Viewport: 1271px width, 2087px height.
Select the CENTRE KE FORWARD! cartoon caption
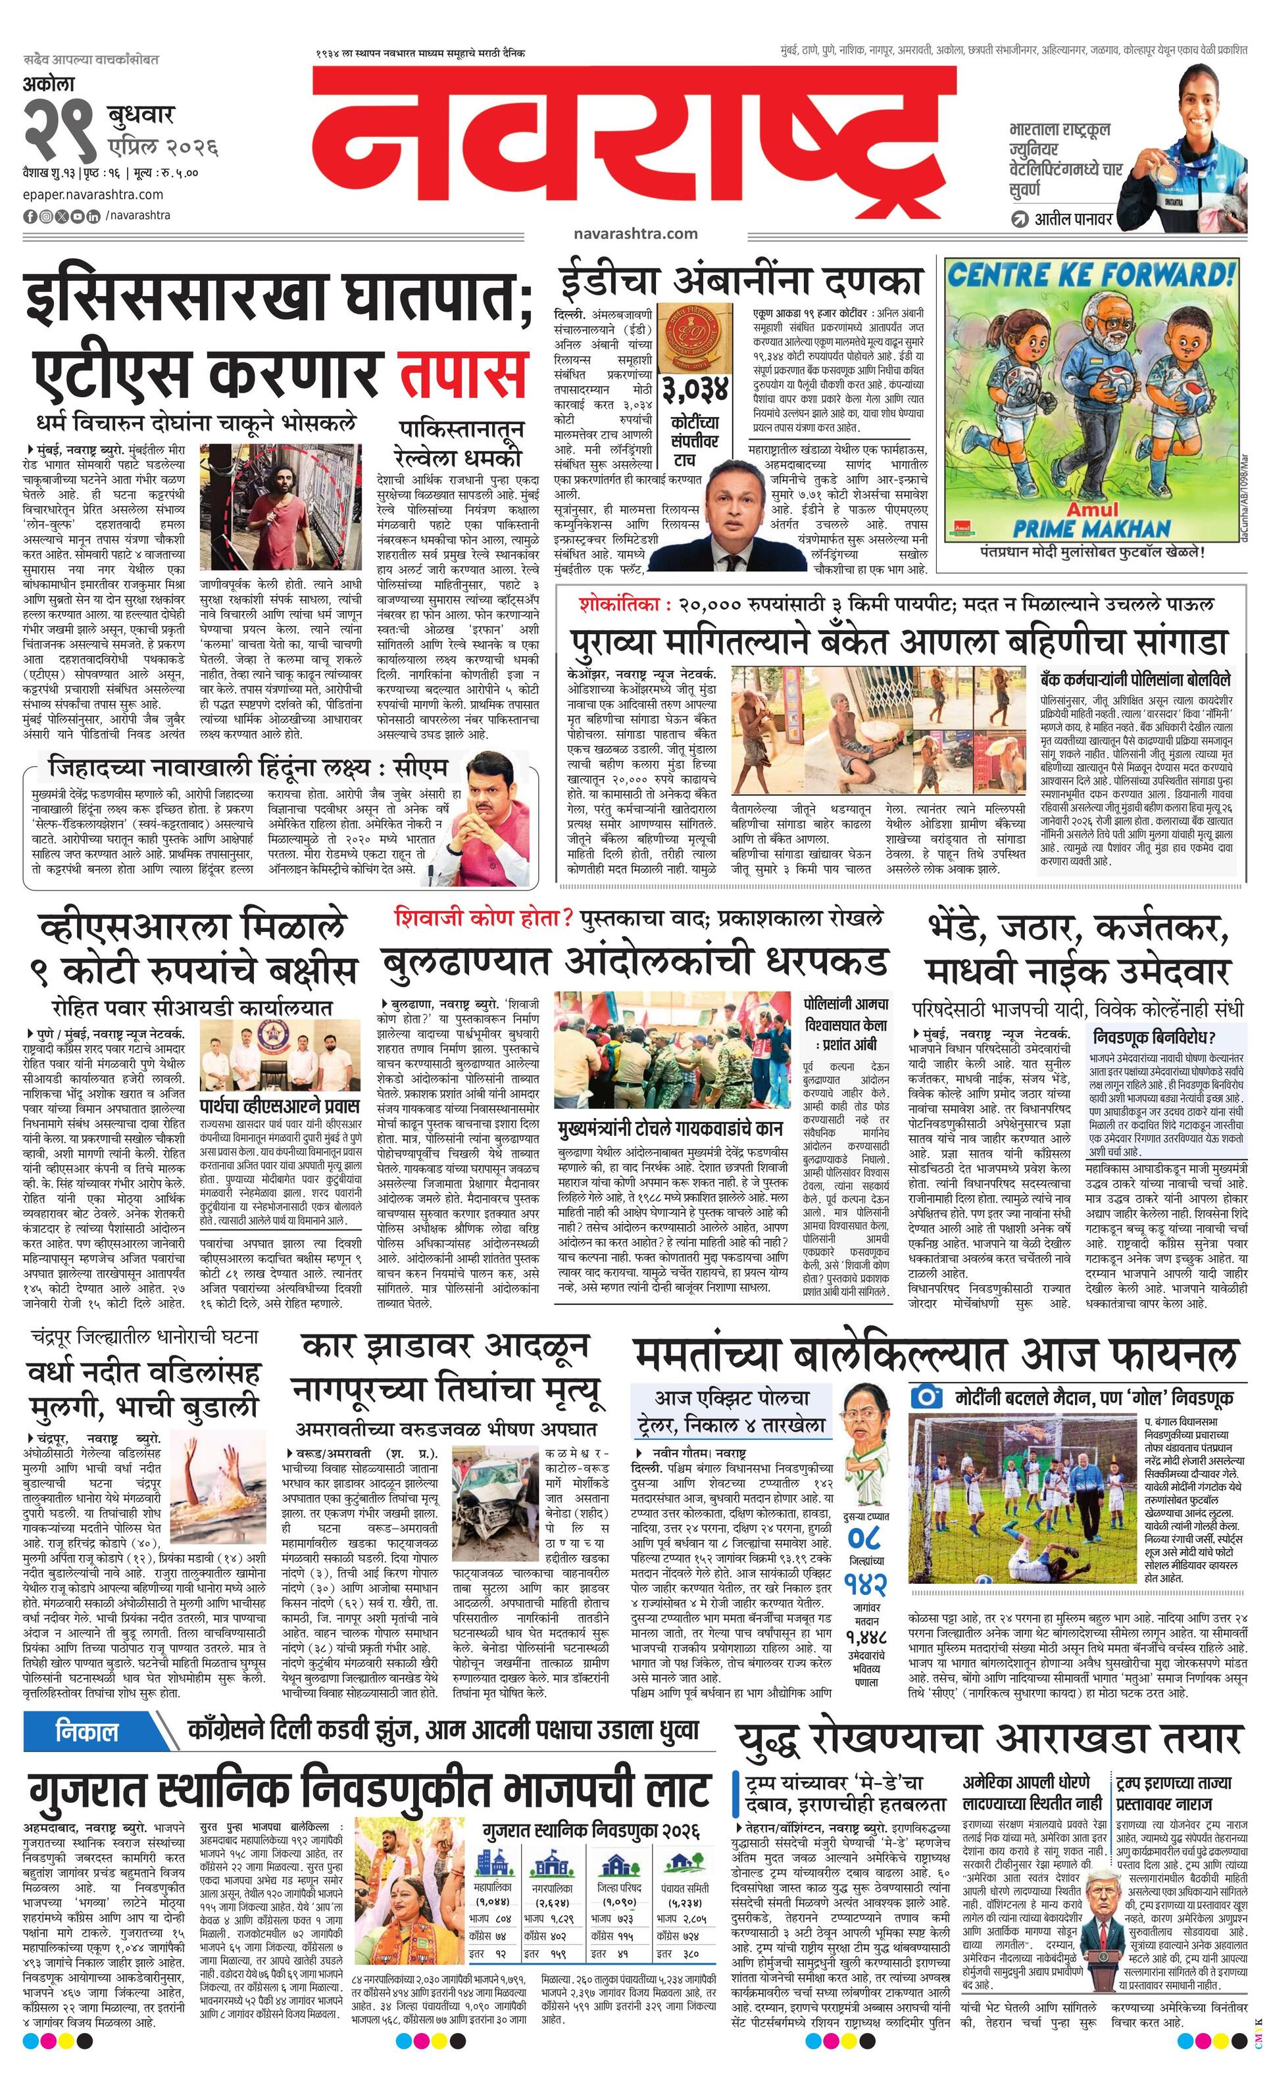click(x=1089, y=276)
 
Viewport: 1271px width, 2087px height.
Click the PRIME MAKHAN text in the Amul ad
click(x=1091, y=529)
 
